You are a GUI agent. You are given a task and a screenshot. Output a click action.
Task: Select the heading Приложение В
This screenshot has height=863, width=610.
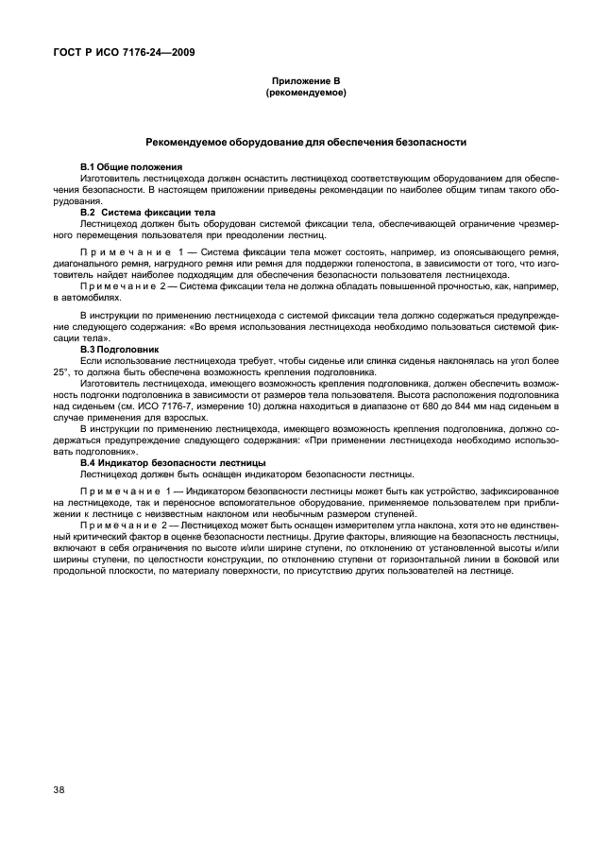click(x=305, y=82)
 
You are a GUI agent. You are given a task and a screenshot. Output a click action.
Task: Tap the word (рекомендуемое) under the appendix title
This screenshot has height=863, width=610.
click(x=305, y=93)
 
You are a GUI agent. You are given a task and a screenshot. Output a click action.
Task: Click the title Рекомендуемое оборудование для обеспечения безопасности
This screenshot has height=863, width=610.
click(x=305, y=143)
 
